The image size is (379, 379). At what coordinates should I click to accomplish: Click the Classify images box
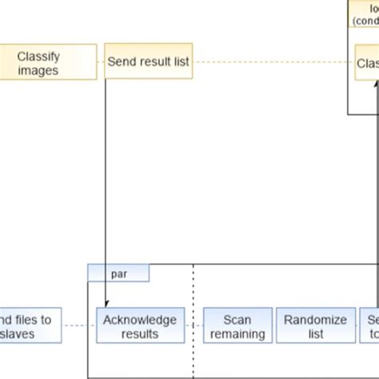38,63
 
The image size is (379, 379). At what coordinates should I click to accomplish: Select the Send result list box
148,62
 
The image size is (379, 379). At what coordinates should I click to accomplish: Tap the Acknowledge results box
141,326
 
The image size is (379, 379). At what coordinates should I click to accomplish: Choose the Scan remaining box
237,326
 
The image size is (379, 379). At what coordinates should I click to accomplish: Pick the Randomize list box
316,326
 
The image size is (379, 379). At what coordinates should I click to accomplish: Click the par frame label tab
118,273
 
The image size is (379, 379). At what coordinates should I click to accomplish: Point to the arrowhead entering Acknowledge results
106,304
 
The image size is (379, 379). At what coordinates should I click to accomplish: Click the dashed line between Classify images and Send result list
93,63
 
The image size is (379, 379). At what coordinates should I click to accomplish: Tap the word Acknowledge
141,320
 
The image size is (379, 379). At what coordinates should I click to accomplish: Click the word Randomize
316,320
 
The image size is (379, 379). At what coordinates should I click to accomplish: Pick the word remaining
237,334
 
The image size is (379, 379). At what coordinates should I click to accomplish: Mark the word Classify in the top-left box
38,57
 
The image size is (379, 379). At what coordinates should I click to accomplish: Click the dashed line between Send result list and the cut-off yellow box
272,63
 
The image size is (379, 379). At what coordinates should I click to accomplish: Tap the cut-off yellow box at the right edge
367,63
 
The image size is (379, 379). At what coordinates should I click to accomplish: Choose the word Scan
237,320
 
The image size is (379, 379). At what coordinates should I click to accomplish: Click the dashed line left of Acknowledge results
78,325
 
